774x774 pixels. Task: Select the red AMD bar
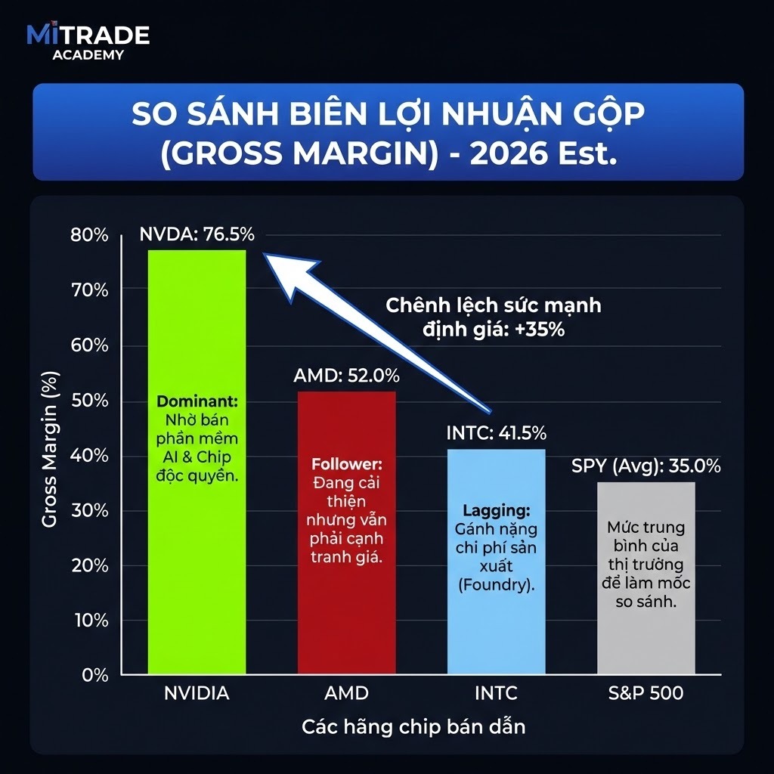click(x=345, y=605)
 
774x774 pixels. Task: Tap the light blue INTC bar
click(x=495, y=620)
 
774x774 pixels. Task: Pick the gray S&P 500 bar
click(x=646, y=635)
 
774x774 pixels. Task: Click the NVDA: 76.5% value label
click(x=197, y=235)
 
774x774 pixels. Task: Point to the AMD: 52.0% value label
click(x=347, y=376)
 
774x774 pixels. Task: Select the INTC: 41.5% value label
click(x=496, y=433)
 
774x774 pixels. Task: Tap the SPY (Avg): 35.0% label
click(x=646, y=466)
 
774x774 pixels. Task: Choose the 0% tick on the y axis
click(x=95, y=675)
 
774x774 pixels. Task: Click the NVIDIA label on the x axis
click(x=196, y=693)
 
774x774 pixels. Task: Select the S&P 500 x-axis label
click(x=646, y=693)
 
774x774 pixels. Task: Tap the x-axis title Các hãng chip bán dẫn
click(x=413, y=727)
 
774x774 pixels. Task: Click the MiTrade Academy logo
click(x=88, y=42)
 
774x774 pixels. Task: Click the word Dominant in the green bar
click(x=196, y=401)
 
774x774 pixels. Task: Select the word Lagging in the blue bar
click(x=496, y=510)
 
